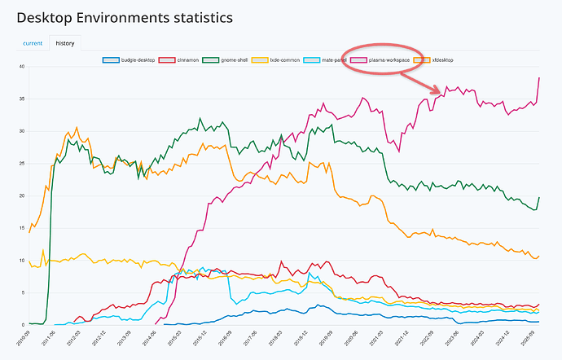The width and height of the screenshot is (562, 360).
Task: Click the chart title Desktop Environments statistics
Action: (124, 16)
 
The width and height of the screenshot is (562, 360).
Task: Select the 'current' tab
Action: (33, 42)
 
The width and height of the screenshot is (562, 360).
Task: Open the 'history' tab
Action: (64, 42)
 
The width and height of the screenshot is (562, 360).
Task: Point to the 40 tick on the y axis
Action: (21, 66)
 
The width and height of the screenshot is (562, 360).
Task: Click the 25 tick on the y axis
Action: (21, 163)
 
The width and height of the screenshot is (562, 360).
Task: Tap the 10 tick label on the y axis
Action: (21, 261)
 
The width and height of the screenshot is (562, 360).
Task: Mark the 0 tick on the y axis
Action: (23, 325)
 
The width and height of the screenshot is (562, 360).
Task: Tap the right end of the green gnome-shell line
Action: (539, 198)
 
